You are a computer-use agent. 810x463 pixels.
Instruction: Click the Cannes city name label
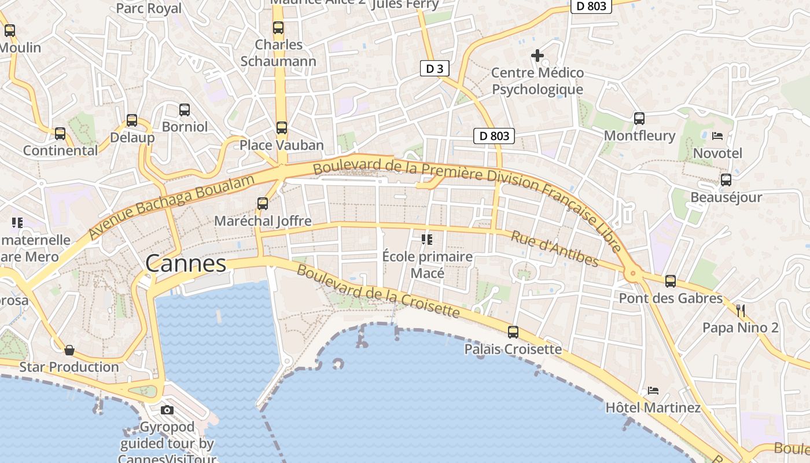186,263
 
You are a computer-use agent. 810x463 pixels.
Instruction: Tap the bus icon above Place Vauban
281,128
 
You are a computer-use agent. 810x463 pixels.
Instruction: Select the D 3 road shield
435,69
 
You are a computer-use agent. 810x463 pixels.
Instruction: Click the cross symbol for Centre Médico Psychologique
537,56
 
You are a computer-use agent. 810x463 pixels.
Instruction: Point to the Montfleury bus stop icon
639,119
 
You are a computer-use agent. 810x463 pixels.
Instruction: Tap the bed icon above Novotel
717,136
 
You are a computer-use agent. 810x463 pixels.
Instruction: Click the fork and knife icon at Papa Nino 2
741,310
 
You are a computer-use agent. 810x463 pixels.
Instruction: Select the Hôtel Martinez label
653,407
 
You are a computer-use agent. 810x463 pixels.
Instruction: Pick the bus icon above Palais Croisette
513,332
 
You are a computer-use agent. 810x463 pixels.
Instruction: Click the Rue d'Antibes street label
554,249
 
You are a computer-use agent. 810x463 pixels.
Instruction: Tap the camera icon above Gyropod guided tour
167,410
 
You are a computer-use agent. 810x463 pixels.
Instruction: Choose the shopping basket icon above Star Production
69,350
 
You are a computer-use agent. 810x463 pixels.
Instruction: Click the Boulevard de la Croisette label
378,292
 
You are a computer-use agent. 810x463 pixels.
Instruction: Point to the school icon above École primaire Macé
427,239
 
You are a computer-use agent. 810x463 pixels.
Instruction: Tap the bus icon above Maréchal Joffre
263,204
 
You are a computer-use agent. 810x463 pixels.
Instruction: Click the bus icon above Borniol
185,109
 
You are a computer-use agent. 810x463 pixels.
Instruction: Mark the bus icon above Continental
60,134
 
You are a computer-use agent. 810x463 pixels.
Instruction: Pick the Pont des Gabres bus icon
671,281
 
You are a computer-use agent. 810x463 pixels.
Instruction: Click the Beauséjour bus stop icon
726,180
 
